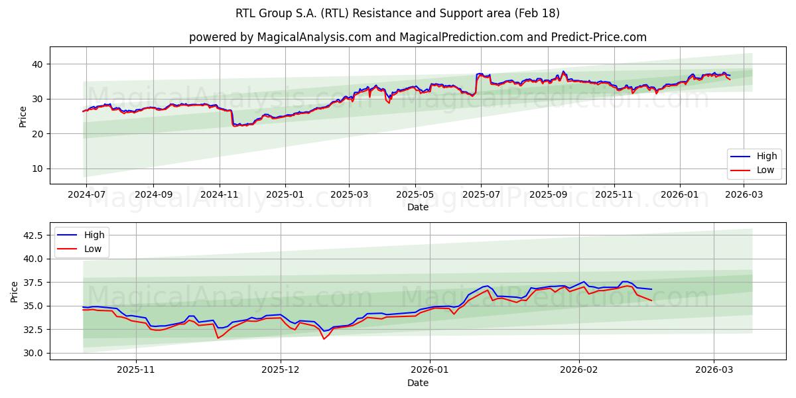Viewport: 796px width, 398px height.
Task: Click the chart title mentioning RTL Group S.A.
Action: pos(397,13)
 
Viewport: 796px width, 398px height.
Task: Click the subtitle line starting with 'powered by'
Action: pos(417,37)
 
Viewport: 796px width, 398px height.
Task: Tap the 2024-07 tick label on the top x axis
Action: pos(86,194)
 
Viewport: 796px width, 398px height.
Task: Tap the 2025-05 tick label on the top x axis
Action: pos(415,194)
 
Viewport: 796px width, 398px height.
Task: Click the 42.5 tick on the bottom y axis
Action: pos(33,235)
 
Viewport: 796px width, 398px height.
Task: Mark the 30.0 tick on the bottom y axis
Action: pos(33,353)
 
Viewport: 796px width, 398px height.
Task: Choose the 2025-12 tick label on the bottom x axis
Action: pos(281,370)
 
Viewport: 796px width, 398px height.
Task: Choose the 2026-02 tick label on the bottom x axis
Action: pos(579,370)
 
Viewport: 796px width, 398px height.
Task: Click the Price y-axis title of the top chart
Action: pos(23,116)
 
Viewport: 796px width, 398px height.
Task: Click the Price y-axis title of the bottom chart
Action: pos(15,291)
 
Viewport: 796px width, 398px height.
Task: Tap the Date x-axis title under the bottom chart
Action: pos(417,383)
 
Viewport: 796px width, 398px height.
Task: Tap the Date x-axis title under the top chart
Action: pos(417,207)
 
